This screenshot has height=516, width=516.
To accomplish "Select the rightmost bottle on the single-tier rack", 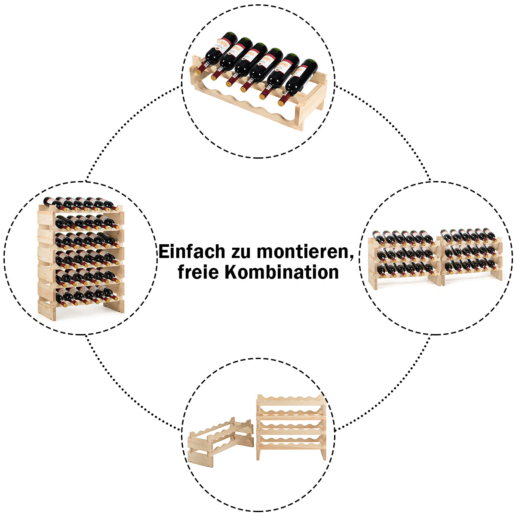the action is (x=298, y=82).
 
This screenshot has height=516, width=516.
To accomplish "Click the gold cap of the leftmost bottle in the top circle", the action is (x=199, y=71).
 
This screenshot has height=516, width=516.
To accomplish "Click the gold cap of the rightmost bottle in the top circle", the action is (x=281, y=103).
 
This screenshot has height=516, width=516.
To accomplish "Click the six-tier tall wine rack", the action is (x=81, y=259).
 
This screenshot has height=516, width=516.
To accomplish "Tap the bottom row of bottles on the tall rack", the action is (x=87, y=296).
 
